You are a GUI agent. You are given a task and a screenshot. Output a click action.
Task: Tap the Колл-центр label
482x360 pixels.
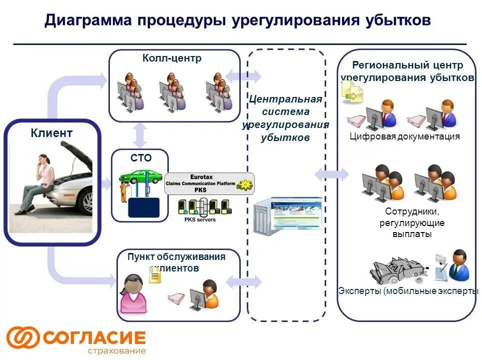point(172,58)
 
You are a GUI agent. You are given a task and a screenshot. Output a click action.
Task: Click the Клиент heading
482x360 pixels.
point(51,133)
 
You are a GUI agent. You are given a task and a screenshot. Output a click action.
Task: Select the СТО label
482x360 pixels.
point(141,158)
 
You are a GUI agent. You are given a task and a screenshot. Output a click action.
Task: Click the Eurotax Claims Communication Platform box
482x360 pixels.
point(209,183)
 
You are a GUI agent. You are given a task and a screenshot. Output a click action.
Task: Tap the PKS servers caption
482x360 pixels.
point(200,219)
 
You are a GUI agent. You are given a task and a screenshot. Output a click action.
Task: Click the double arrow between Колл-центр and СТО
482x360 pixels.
point(140,134)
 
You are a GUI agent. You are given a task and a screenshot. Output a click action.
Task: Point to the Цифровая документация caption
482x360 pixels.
point(404,136)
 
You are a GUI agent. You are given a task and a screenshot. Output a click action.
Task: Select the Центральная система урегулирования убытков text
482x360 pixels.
point(286,118)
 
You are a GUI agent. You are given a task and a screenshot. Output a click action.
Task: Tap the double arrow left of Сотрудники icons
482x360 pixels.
point(332,174)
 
